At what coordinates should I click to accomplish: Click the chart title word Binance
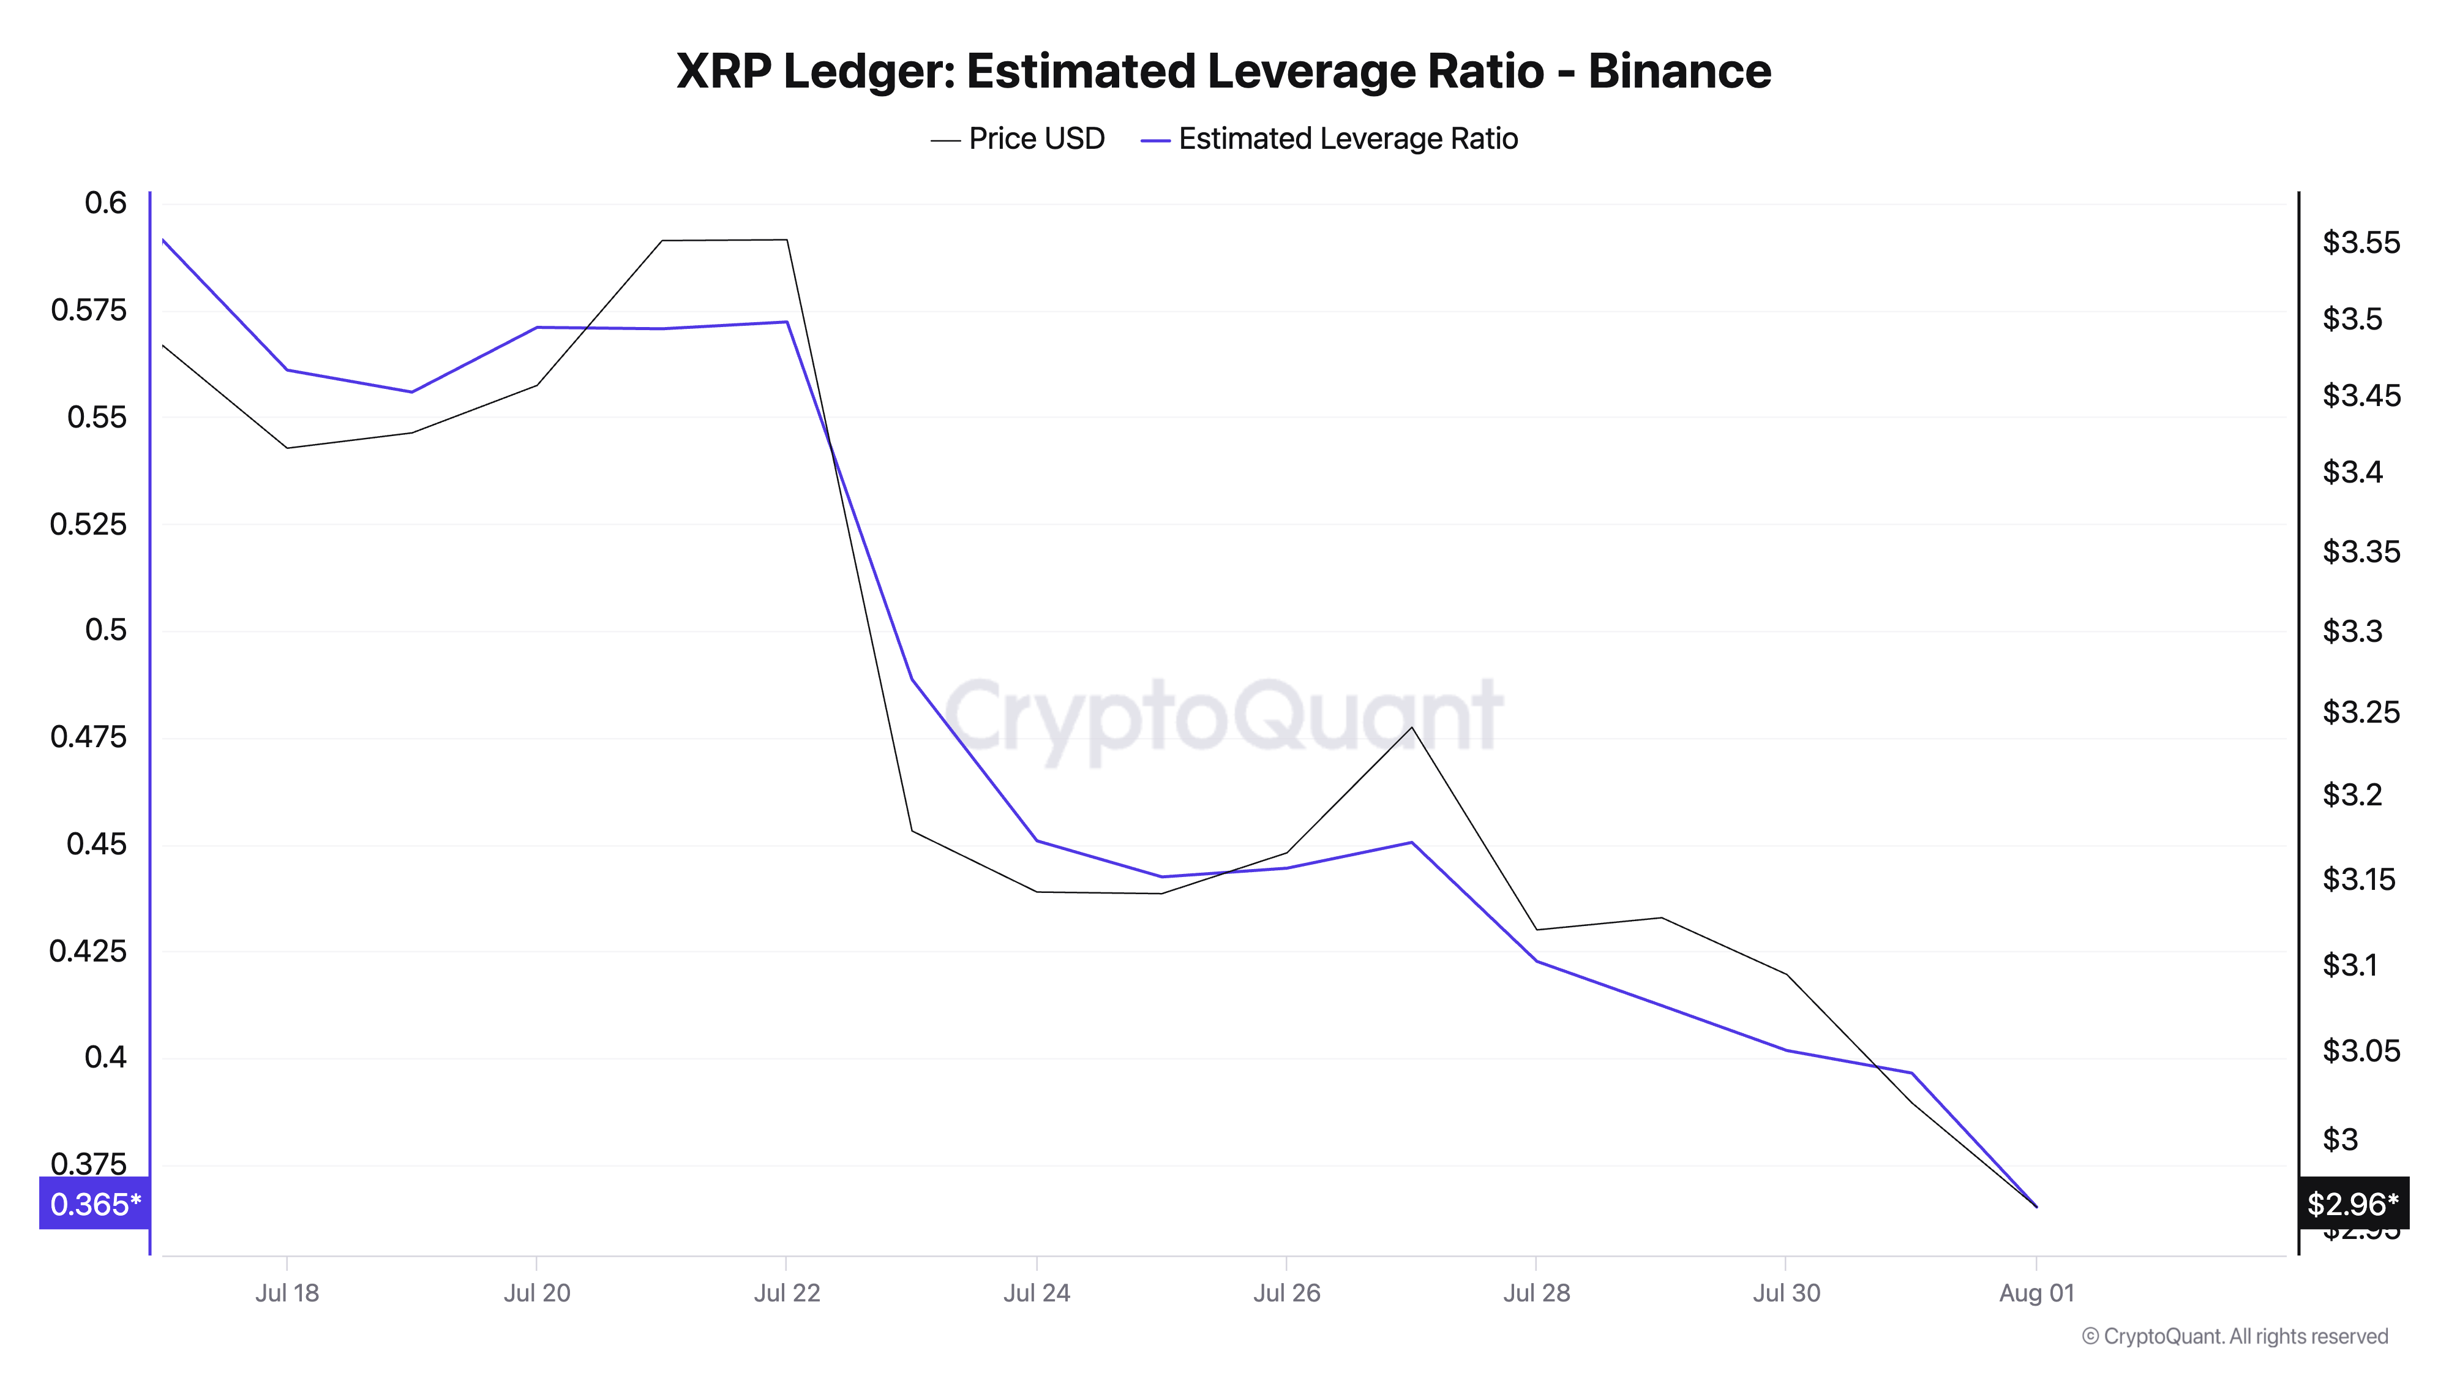click(x=1679, y=71)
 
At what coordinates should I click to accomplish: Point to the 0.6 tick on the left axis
click(x=105, y=203)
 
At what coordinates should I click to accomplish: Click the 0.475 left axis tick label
click(x=88, y=737)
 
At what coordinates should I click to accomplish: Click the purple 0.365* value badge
click(x=94, y=1204)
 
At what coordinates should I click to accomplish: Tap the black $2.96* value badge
click(x=2352, y=1204)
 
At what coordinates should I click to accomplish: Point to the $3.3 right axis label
click(x=2352, y=631)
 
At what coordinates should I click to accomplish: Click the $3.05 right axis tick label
click(x=2361, y=1051)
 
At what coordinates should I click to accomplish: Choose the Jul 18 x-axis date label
click(x=287, y=1293)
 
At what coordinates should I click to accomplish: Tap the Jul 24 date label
click(x=1037, y=1293)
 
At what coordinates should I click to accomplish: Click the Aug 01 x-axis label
click(x=2036, y=1293)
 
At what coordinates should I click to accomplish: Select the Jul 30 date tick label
click(x=1787, y=1293)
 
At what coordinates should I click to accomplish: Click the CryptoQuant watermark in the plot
click(x=1223, y=715)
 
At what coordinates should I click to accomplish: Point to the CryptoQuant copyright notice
click(x=2234, y=1336)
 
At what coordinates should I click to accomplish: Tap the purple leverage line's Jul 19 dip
click(x=411, y=392)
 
